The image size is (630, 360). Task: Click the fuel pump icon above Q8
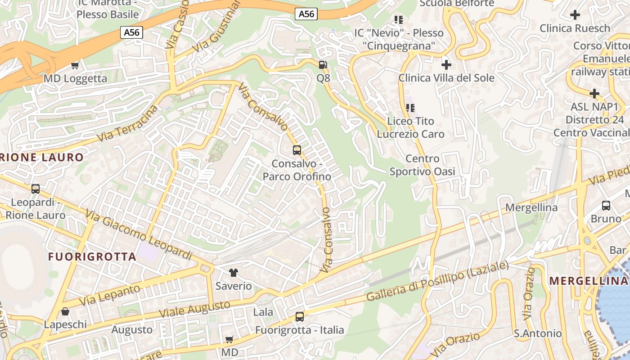tap(323, 65)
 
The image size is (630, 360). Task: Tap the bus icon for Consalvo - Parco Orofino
tap(297, 150)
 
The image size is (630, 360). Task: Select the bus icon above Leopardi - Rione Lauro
tap(36, 189)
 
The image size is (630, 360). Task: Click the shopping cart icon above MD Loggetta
tap(75, 66)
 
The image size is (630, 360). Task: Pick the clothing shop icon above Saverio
tap(233, 272)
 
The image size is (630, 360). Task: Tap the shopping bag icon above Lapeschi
tap(65, 311)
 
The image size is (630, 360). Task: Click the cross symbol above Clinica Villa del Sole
tap(446, 65)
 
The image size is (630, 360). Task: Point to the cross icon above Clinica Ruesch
tap(575, 15)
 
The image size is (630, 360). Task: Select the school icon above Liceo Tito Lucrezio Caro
tap(410, 108)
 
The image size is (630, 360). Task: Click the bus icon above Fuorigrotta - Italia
tap(300, 317)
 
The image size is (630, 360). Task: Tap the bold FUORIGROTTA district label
tap(92, 257)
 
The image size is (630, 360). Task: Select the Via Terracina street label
tap(128, 124)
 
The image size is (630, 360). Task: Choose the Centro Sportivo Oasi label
tap(422, 165)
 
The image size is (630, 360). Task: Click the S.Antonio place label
tap(538, 333)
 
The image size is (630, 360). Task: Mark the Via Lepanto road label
tap(109, 295)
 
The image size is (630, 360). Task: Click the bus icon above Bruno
tap(606, 206)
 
